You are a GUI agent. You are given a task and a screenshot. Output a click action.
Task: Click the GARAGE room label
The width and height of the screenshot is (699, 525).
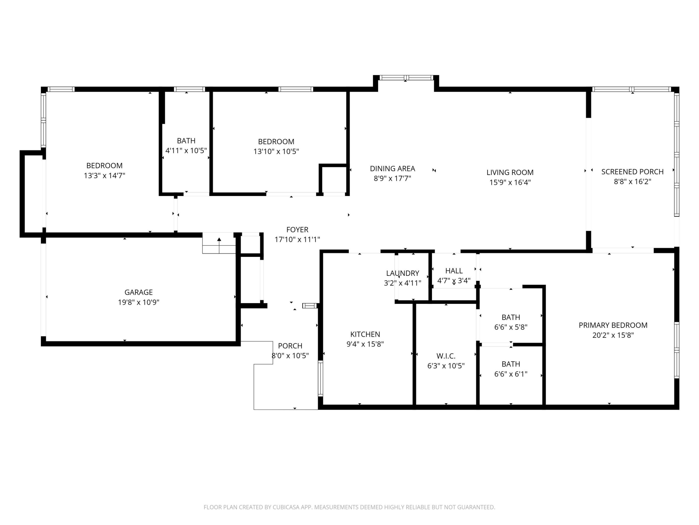138,292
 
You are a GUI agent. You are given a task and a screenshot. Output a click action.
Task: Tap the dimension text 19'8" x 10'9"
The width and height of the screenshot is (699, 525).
138,302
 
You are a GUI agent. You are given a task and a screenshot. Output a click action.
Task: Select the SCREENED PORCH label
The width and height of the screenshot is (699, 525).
632,172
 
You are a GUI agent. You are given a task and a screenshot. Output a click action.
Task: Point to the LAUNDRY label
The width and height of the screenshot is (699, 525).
403,273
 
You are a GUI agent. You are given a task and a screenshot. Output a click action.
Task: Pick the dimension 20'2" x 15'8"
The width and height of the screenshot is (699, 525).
613,335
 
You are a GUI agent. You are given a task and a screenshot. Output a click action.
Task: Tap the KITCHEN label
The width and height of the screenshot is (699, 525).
365,334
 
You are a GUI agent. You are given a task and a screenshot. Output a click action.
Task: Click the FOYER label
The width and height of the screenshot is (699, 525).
297,229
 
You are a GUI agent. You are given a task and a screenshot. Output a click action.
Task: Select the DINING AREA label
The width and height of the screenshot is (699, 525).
392,168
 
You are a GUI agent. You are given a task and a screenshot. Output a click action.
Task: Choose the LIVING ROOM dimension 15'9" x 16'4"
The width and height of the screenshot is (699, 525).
510,182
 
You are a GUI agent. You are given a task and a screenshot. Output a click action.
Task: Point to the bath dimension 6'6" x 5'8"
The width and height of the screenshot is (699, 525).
511,327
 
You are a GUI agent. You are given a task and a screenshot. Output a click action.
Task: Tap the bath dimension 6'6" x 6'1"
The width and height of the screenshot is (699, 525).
511,374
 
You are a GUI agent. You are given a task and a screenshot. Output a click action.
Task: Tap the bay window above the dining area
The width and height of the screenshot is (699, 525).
406,78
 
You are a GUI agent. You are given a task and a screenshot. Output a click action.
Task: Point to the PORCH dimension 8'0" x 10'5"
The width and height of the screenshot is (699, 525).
290,355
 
